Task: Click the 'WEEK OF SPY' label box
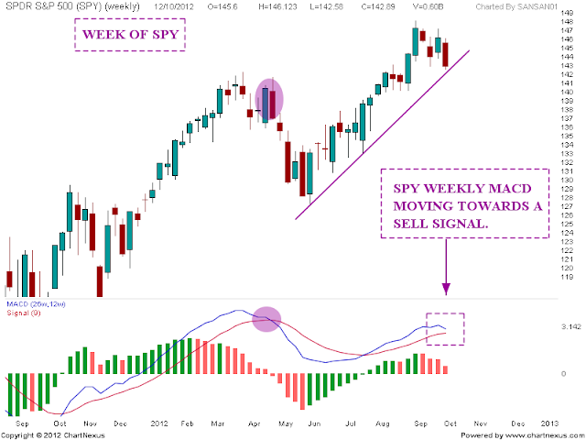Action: click(130, 35)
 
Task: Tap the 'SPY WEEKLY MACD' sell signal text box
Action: click(465, 203)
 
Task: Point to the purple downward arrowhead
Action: click(446, 289)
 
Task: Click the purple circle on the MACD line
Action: click(266, 319)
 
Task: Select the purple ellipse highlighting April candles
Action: click(269, 100)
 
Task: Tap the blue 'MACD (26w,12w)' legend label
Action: click(36, 304)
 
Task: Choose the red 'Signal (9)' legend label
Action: click(24, 313)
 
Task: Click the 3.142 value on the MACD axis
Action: click(571, 327)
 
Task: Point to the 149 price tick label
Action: click(568, 13)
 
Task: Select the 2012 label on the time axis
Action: click(159, 423)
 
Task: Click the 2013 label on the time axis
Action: click(549, 423)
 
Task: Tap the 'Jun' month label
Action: click(314, 423)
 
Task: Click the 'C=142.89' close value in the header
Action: click(378, 6)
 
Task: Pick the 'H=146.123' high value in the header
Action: click(277, 6)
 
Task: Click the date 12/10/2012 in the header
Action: click(174, 6)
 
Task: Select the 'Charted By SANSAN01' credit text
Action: click(517, 6)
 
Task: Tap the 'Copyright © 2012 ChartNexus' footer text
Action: click(53, 435)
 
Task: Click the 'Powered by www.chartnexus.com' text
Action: click(522, 435)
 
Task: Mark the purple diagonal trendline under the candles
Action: click(383, 135)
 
